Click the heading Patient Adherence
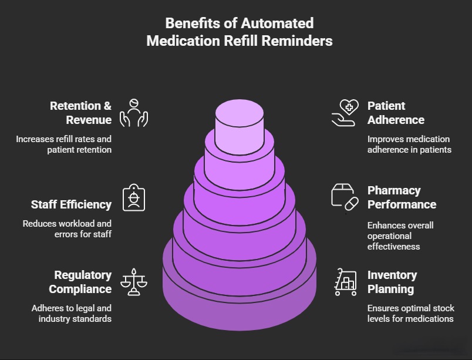(396, 113)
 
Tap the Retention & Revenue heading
(80, 113)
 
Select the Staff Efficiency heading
(71, 204)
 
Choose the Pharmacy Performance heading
(402, 197)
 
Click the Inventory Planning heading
(392, 282)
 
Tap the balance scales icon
(133, 281)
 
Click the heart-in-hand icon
(345, 112)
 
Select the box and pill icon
(345, 197)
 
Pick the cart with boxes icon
(345, 282)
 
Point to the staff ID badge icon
(133, 198)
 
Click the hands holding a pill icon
(133, 112)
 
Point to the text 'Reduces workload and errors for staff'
(67, 228)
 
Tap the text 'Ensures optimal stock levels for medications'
(410, 313)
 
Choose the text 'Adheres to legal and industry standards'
(71, 313)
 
